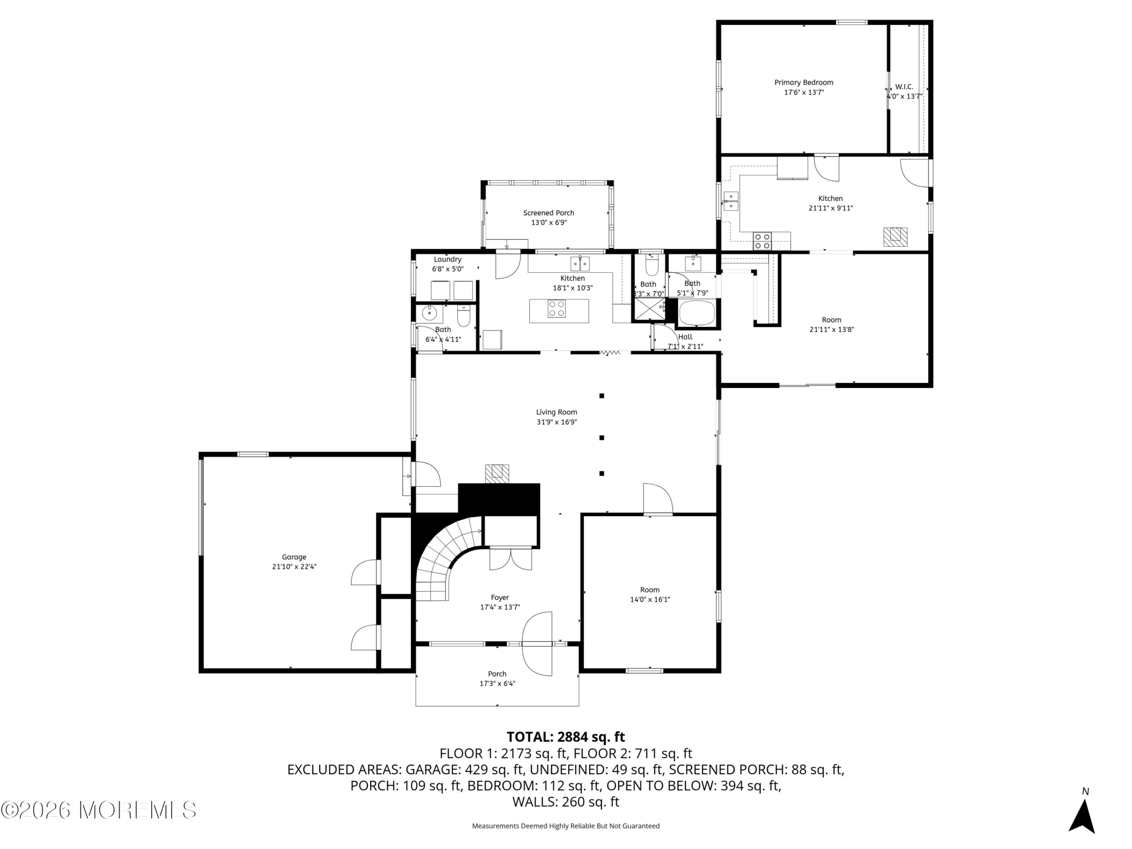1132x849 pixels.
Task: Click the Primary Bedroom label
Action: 803,82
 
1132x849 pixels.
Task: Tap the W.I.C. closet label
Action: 904,87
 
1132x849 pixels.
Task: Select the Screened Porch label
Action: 549,213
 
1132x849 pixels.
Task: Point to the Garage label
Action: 294,557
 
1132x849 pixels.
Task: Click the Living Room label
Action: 557,412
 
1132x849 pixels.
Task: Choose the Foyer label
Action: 500,598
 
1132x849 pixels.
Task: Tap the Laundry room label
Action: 448,260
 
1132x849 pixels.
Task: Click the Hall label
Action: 685,337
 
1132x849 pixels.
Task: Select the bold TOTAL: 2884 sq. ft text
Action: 566,737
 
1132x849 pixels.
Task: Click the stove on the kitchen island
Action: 557,309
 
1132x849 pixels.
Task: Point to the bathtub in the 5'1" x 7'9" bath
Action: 696,313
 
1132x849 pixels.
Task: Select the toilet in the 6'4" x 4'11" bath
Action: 463,317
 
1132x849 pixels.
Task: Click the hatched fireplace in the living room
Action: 497,474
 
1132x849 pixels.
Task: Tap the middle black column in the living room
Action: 602,438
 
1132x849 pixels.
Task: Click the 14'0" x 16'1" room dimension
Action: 650,599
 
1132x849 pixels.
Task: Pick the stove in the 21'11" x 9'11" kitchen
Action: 762,241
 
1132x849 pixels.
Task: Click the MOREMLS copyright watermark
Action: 98,810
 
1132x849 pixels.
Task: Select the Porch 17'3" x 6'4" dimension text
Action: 497,684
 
